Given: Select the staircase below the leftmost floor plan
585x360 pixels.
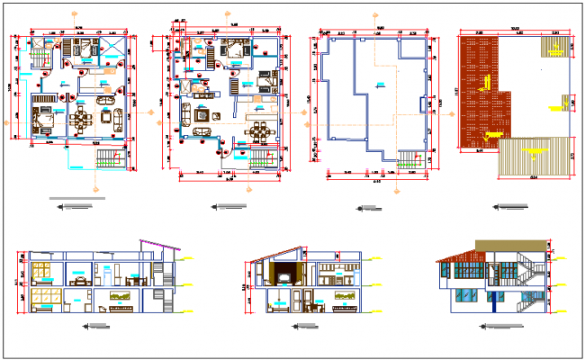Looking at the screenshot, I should [x=106, y=159].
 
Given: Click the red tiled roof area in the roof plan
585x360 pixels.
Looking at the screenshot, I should [x=479, y=90].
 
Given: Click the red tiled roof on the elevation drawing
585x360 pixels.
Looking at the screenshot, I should [x=461, y=256].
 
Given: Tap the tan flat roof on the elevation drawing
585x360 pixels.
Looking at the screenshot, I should [x=509, y=245].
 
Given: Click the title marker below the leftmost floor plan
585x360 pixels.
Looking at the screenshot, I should [x=75, y=207].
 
